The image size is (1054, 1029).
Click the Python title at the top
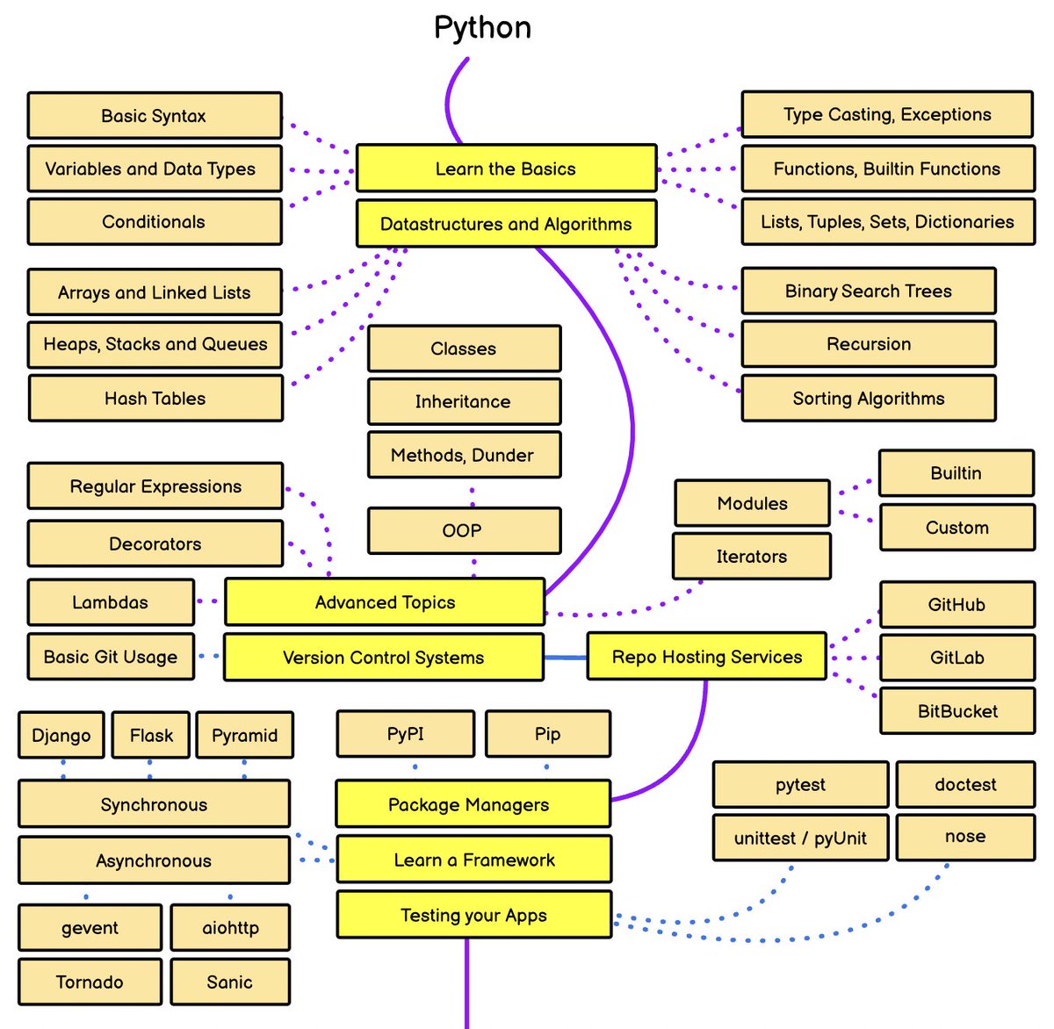coord(482,28)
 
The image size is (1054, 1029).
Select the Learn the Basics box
coord(506,168)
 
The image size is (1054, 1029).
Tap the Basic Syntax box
coord(155,115)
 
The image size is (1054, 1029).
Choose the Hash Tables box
coord(155,398)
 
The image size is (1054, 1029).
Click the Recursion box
coord(868,343)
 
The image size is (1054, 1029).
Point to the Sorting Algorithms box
coord(868,398)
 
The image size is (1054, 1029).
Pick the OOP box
coord(464,530)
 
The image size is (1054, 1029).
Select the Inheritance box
coord(464,401)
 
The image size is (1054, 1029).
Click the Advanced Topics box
coord(385,601)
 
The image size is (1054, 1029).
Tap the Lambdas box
coord(111,602)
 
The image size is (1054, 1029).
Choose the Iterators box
coord(751,556)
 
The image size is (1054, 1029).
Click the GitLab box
coord(957,657)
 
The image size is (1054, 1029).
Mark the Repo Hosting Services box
coord(706,656)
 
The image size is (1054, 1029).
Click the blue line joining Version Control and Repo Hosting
coord(566,658)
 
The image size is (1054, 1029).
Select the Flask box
coord(150,735)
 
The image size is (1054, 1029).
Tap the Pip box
coord(547,733)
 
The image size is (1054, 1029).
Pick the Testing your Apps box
coord(474,914)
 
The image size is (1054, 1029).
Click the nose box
coord(965,837)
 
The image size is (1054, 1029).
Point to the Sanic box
coord(229,982)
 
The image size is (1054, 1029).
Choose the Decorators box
coord(155,543)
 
